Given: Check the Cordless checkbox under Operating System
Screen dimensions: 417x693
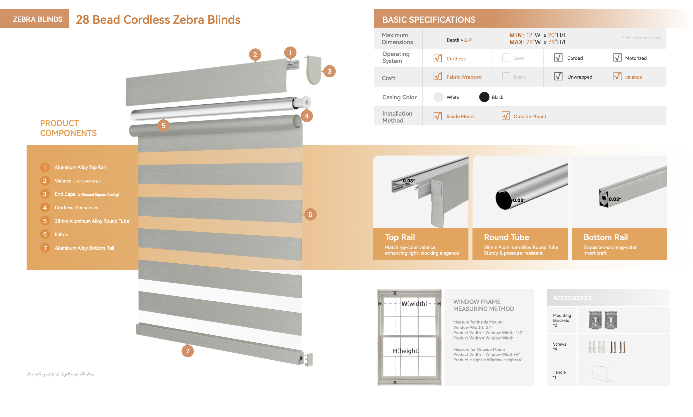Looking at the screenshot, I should pos(437,58).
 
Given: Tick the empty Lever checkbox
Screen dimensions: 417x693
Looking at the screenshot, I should pos(505,58).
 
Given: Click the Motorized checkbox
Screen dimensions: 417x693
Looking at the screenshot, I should pos(617,58).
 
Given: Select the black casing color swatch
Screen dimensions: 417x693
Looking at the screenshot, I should pos(484,97).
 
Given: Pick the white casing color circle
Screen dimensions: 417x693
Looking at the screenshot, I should pos(438,97).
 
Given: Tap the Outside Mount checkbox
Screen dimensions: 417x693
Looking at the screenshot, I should pos(505,116).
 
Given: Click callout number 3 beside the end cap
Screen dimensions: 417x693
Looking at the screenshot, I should pos(329,71).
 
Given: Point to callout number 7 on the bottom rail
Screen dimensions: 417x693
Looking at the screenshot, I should pos(188,351).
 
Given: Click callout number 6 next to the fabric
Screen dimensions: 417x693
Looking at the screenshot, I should pos(310,214).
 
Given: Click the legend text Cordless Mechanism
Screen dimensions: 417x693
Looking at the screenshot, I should pos(76,208).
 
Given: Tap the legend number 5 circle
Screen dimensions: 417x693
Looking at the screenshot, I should pos(45,221).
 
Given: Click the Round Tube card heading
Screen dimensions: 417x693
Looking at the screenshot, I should pos(506,237).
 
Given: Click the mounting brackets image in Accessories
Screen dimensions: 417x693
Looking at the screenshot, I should pos(603,320).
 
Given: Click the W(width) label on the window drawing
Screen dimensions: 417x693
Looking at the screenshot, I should pos(414,303).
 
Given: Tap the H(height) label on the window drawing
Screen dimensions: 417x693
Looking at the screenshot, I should pos(406,351).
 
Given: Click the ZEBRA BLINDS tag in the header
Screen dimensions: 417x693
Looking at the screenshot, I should pos(38,19).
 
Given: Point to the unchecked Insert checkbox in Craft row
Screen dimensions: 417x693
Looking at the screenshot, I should pos(505,76).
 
